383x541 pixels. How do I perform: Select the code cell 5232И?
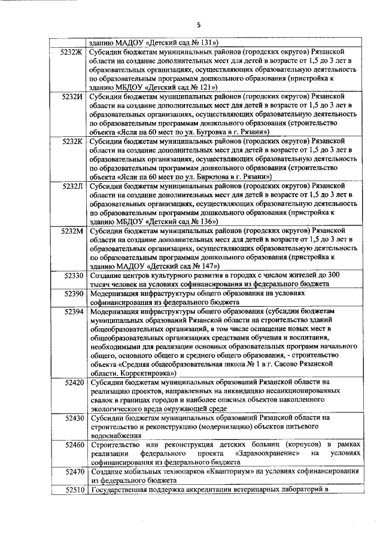(x=72, y=96)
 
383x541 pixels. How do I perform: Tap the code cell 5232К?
(x=72, y=140)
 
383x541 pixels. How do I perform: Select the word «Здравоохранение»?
(x=263, y=454)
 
